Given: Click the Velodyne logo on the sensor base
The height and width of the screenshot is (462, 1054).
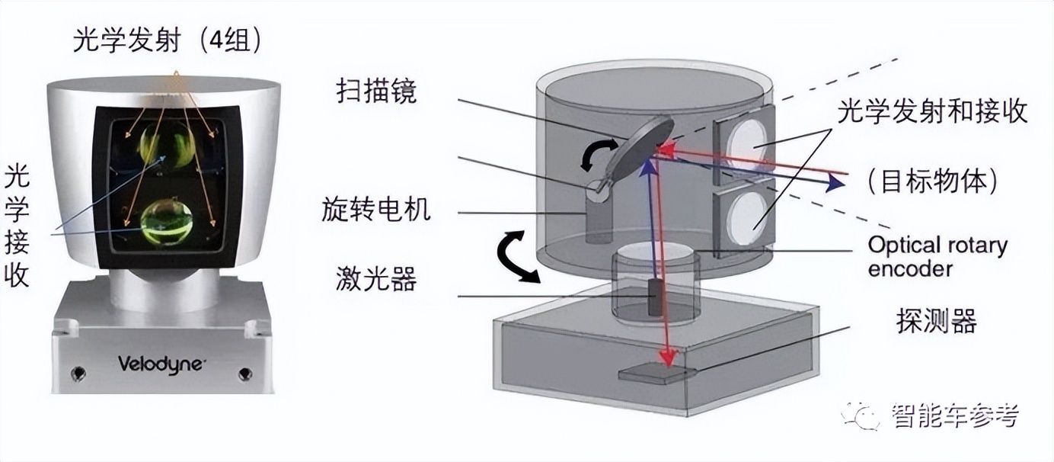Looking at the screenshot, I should click(x=161, y=364).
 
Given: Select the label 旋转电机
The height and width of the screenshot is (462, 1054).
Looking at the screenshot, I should click(x=375, y=209).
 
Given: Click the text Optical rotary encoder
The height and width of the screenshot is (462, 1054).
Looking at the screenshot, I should click(x=937, y=257).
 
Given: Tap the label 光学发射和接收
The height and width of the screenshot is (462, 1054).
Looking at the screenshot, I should click(x=932, y=112).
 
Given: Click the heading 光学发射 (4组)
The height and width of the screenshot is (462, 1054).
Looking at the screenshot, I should click(x=168, y=40).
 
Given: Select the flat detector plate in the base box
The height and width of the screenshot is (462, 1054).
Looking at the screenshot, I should click(x=656, y=374).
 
